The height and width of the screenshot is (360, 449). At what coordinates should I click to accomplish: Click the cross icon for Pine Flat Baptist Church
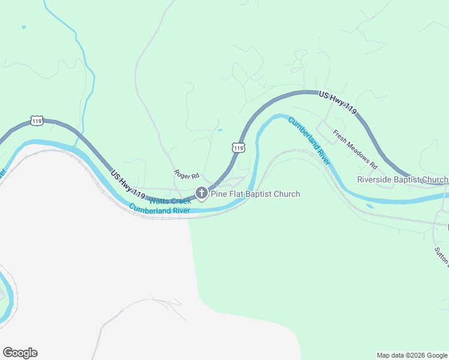tap(202, 193)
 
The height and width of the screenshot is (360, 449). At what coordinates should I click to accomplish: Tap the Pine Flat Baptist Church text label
tap(255, 194)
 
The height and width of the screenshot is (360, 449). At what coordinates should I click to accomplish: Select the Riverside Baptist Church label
tap(402, 179)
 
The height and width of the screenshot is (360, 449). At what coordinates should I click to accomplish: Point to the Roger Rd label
tap(186, 175)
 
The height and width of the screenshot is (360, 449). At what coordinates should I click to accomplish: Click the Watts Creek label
tap(170, 201)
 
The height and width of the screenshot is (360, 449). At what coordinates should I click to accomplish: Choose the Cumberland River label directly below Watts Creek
tap(160, 210)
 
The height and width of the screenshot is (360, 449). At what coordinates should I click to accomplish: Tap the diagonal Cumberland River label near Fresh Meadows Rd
tap(309, 141)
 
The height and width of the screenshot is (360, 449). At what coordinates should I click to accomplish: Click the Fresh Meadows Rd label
tap(355, 149)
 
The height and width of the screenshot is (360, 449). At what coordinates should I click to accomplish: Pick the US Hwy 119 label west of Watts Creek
tap(128, 185)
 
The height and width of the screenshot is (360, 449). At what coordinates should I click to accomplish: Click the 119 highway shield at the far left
tap(37, 121)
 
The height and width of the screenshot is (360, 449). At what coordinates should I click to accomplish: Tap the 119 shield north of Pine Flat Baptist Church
tap(238, 147)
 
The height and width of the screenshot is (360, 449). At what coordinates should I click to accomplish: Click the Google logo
tap(20, 353)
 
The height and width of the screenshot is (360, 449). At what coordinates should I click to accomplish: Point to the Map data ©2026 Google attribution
tap(412, 355)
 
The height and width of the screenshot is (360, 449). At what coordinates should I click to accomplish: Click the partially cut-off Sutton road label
tap(442, 255)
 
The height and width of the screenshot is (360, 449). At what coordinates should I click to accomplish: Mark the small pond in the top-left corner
tap(23, 27)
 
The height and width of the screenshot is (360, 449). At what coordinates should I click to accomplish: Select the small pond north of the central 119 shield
tap(220, 130)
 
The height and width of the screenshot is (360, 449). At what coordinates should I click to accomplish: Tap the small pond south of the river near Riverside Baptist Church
tap(369, 206)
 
